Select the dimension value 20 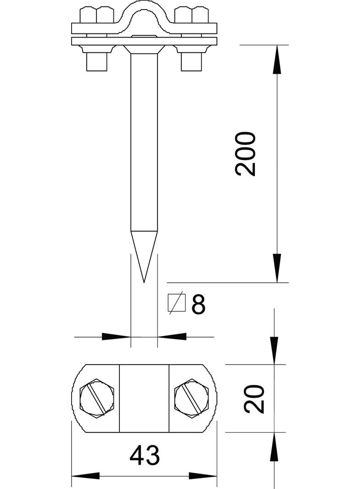tap(254, 399)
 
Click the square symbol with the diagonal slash tap(177, 303)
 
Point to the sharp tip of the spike tap(144, 281)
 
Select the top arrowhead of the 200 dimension tap(276, 60)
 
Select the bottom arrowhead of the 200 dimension tap(276, 268)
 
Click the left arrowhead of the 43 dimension tap(85, 475)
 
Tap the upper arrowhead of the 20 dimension tap(274, 351)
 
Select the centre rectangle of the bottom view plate tap(144, 398)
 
